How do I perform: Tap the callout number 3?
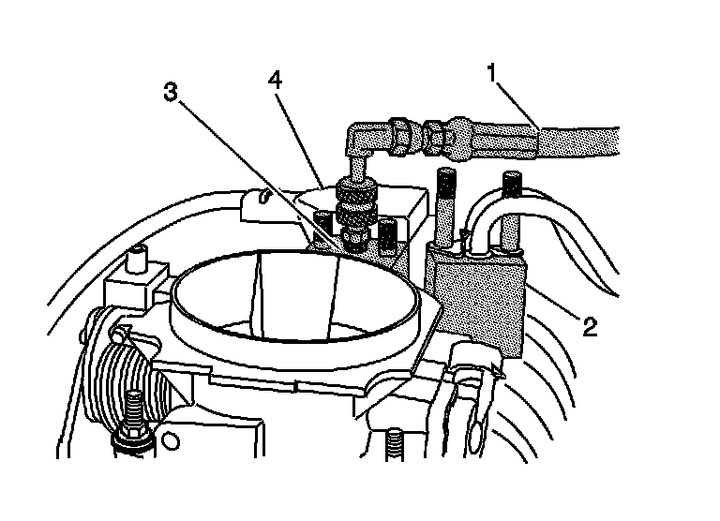tap(170, 92)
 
